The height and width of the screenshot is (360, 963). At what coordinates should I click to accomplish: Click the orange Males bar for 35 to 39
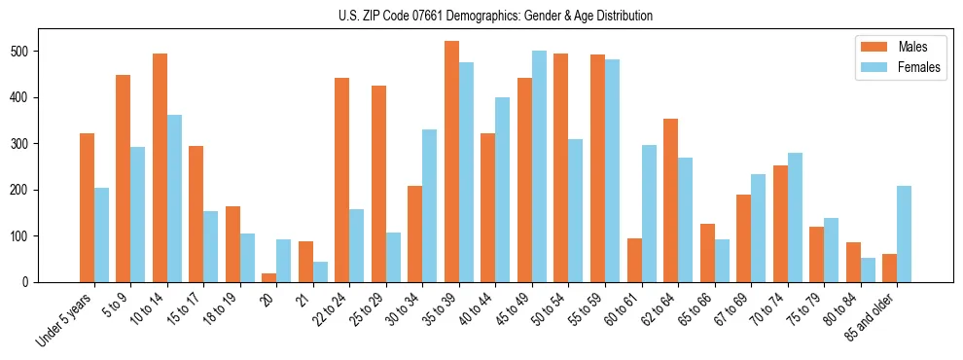pyautogui.click(x=451, y=162)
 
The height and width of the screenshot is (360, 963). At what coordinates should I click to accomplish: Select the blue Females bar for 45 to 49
pyautogui.click(x=539, y=166)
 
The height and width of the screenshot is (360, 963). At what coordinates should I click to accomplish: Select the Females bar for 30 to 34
pyautogui.click(x=429, y=205)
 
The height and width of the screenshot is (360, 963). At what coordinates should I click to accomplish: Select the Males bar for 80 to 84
pyautogui.click(x=853, y=262)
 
